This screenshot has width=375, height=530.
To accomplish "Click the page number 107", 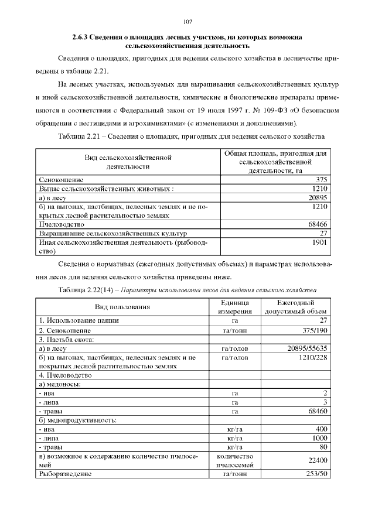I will point(187,22).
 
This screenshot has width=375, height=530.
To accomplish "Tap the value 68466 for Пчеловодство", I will point(316,224).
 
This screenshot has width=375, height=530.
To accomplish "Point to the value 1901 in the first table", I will point(319,242).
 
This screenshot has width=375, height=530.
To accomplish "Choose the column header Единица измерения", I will point(234,306).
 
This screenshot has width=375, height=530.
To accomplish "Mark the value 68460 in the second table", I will point(316,412).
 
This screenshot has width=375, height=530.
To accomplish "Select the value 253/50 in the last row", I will point(314,473).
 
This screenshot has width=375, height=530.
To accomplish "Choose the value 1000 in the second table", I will point(319,438).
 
